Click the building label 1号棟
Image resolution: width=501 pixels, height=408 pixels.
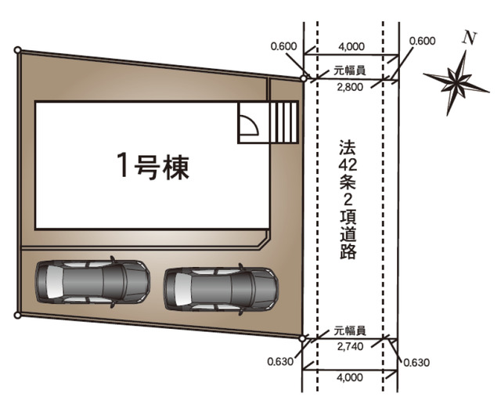153,166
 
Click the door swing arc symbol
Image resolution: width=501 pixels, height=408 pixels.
250,126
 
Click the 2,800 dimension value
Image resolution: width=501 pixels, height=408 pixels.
349,87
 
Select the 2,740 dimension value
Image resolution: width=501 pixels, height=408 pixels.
349,345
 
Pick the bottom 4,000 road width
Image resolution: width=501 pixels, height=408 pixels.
349,377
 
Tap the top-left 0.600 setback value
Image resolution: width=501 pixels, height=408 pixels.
283,45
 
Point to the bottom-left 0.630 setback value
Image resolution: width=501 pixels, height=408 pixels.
279,362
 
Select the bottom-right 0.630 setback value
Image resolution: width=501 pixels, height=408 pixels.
416,362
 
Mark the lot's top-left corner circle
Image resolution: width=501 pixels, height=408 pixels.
17,50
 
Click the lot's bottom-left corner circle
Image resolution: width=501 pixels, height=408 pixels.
17,316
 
